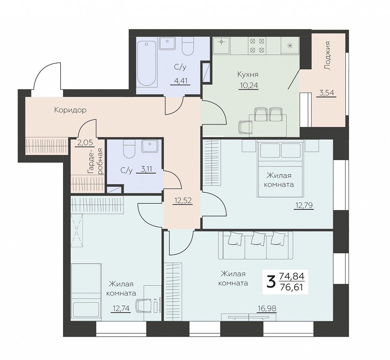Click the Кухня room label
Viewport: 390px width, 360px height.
(x=248, y=74)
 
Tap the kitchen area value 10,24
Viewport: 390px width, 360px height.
(x=249, y=85)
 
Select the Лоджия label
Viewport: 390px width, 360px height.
(x=328, y=55)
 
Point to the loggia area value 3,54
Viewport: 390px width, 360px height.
(x=326, y=93)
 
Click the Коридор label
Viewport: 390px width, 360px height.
(x=70, y=110)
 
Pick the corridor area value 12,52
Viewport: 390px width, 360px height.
(x=183, y=200)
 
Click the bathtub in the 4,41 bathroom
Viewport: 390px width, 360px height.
(x=147, y=64)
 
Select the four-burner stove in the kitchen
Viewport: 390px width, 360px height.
(x=257, y=46)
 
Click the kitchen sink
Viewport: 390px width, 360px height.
(x=221, y=46)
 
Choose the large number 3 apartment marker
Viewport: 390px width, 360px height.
(x=271, y=282)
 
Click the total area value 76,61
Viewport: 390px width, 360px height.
(x=292, y=287)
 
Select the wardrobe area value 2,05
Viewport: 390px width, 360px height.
(x=85, y=143)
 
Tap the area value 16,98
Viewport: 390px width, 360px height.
(x=267, y=309)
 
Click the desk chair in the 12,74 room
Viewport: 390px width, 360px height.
(x=142, y=306)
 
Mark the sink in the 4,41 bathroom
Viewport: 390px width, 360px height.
(x=167, y=43)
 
